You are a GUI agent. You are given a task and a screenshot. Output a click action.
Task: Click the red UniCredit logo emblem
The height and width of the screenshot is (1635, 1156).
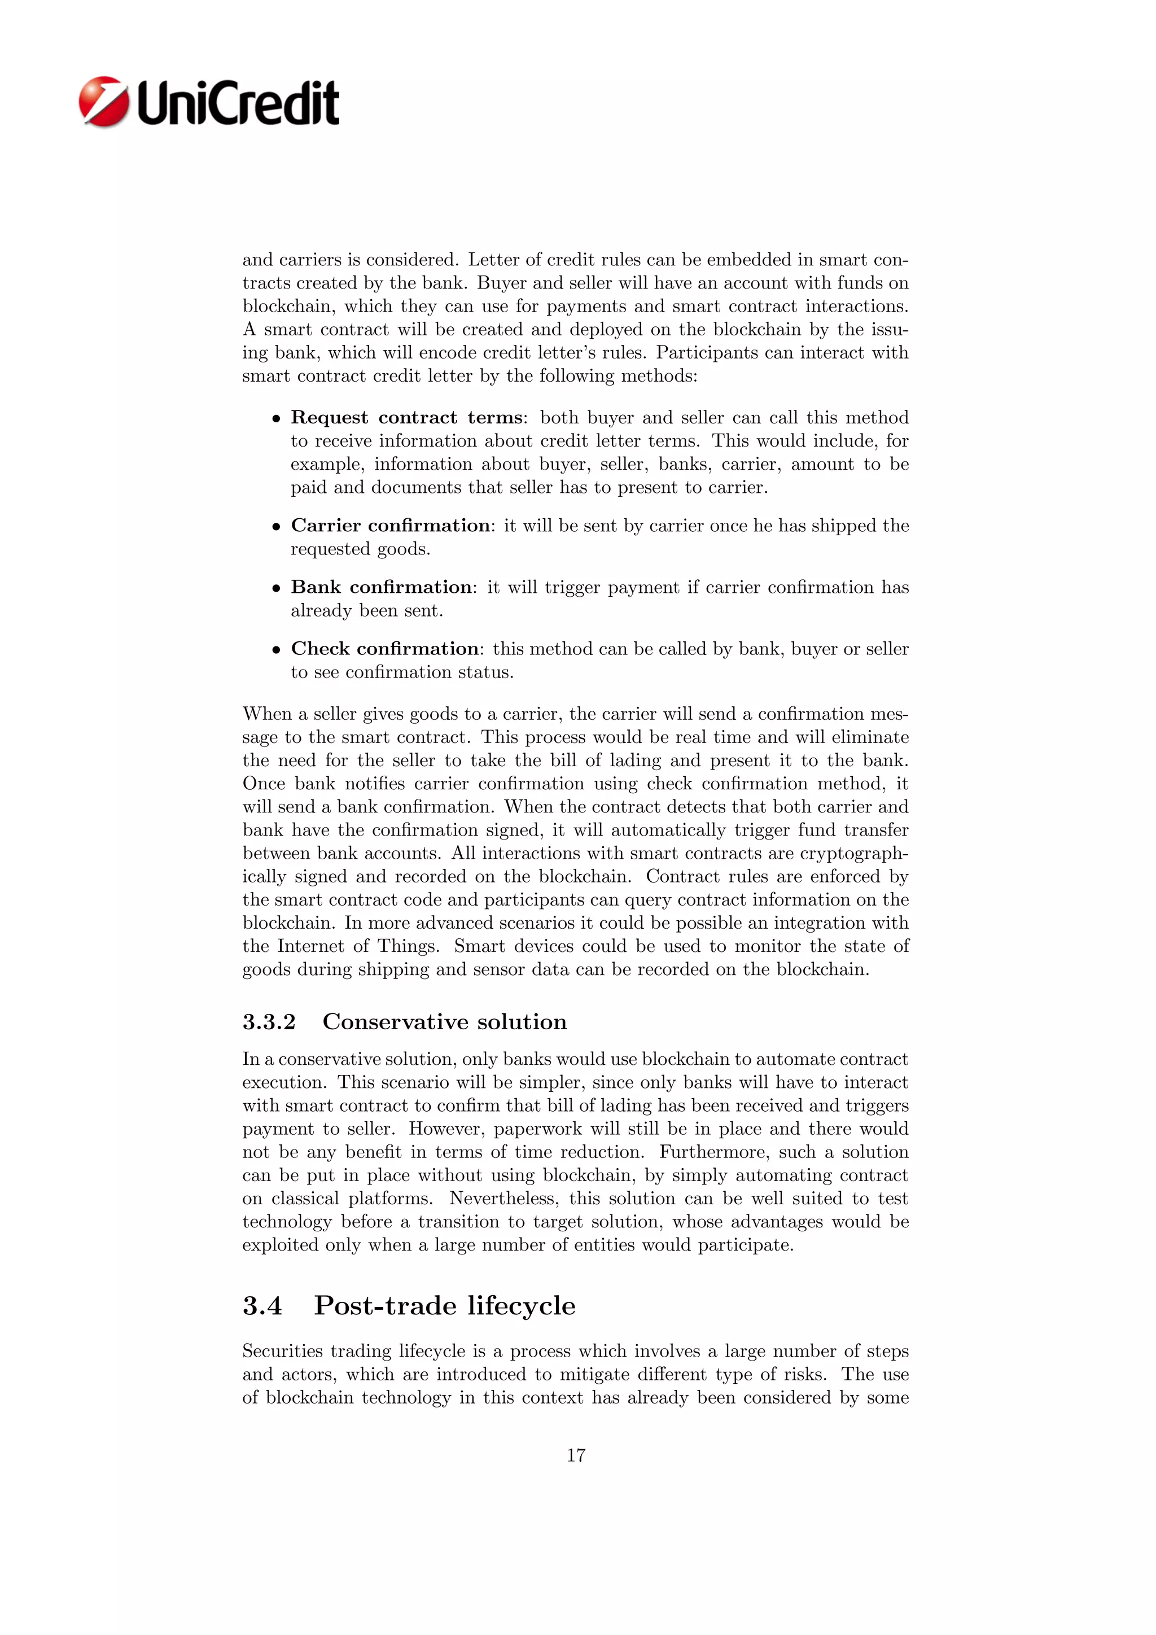(104, 102)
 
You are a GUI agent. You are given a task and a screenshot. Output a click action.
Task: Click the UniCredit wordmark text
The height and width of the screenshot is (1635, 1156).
(238, 104)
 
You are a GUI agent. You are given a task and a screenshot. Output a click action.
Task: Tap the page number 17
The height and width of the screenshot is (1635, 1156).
(576, 1455)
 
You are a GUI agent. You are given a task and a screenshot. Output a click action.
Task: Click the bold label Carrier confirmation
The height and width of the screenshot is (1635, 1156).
(391, 526)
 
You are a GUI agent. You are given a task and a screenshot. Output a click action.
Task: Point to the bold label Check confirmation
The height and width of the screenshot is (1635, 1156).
(384, 649)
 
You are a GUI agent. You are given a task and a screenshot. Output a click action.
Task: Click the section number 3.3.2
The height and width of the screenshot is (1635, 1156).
(269, 1022)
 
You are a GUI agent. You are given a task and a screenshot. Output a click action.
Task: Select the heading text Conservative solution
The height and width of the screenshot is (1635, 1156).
(444, 1022)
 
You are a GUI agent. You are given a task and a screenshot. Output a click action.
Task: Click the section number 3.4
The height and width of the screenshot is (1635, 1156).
(262, 1306)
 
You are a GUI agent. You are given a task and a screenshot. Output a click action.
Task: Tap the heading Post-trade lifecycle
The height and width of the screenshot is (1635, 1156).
(444, 1306)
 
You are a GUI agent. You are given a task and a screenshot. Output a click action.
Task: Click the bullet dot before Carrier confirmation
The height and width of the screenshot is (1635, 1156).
(276, 527)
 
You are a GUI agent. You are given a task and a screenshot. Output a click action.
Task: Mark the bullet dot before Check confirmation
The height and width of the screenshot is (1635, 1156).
(276, 650)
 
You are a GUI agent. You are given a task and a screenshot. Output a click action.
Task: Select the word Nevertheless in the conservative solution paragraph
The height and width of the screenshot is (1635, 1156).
(502, 1199)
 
